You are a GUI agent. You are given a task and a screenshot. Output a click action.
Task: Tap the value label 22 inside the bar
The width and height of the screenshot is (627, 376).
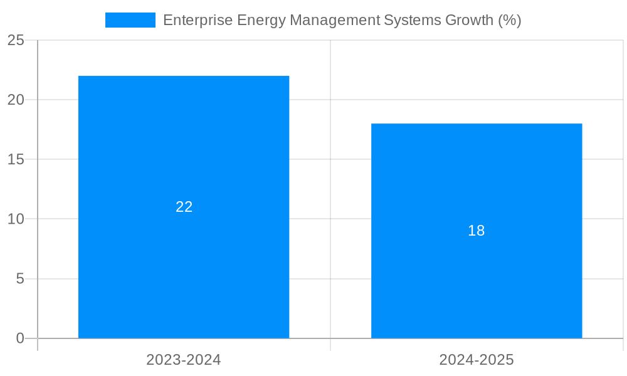[184, 207]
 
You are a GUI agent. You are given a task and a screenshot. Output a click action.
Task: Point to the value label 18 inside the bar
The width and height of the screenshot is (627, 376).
[477, 231]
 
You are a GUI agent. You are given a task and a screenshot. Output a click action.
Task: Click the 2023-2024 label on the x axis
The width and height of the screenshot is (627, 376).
[184, 360]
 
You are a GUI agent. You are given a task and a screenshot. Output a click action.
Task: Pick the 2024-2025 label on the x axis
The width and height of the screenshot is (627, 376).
[477, 360]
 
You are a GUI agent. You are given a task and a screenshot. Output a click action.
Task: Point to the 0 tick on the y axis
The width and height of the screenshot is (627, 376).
[19, 338]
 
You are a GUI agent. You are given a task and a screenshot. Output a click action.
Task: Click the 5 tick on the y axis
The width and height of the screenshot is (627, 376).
[19, 279]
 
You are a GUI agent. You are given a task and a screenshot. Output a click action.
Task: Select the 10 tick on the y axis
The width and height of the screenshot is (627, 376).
[16, 219]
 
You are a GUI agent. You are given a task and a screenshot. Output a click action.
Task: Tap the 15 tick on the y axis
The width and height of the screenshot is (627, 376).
[16, 160]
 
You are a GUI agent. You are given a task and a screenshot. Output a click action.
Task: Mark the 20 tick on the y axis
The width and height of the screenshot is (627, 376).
[16, 100]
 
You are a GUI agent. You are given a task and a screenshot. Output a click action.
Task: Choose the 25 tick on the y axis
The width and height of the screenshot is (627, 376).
[16, 40]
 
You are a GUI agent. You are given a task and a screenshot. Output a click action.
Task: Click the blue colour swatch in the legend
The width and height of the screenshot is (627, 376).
[130, 20]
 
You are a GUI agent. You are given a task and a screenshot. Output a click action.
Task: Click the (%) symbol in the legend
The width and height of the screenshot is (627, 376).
[510, 20]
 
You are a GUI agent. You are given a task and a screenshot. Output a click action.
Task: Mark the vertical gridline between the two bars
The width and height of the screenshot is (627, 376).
[330, 188]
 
